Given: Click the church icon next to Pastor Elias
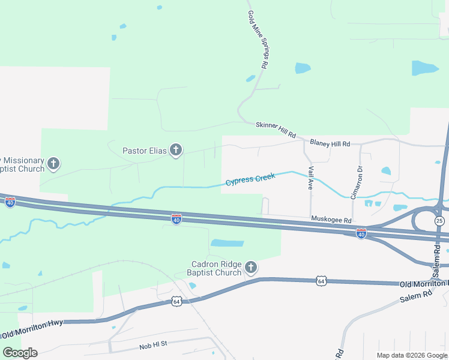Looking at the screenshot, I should point(175,150).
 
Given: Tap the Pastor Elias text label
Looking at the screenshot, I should point(144,151).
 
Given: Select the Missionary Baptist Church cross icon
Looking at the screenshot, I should point(53,163).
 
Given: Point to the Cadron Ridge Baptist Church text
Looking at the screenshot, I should point(216,268).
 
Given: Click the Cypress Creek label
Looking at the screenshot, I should point(250,179).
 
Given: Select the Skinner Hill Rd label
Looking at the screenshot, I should point(276,130).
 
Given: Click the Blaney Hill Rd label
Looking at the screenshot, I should point(330,144).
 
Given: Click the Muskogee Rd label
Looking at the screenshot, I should point(331,221).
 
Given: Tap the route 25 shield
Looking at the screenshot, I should point(440,221).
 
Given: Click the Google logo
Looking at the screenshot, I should point(20,353).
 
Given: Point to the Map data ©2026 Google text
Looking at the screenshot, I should point(412,355).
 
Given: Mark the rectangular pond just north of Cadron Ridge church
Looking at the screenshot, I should point(228,244).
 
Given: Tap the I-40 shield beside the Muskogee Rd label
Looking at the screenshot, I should point(361,233).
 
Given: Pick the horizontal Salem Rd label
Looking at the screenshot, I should point(418,294).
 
